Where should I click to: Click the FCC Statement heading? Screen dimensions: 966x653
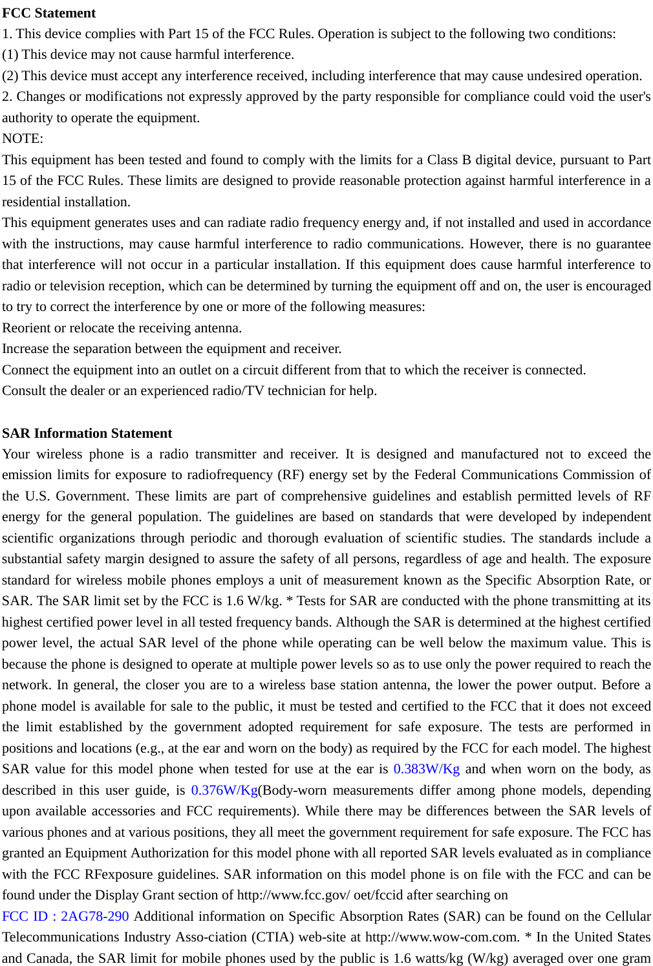tap(48, 13)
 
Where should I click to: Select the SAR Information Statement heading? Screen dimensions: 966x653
tap(87, 433)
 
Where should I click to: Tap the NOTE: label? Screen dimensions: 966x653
tap(23, 138)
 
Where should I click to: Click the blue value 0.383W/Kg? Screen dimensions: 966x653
tap(426, 769)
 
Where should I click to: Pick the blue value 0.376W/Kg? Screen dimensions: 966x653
tap(224, 790)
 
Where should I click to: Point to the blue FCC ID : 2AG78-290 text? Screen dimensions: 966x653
tap(65, 916)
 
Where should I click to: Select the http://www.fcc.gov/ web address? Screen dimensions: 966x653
tap(294, 895)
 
